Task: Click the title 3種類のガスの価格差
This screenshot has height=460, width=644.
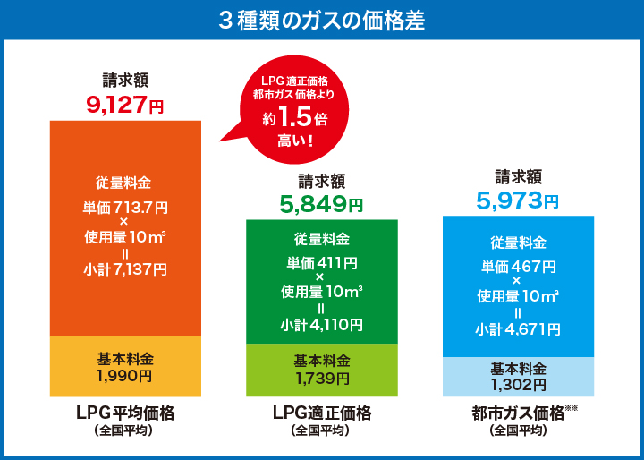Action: [322, 19]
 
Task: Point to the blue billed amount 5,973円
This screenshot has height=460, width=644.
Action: [518, 200]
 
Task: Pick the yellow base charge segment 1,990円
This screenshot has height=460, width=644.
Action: [125, 367]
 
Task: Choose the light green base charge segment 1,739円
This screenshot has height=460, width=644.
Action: [321, 370]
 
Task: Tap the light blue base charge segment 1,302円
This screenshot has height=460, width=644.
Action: [518, 377]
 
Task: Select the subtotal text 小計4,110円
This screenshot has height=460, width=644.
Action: [322, 324]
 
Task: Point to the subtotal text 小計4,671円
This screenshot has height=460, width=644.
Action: [518, 328]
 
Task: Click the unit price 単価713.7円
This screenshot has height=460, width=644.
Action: [125, 208]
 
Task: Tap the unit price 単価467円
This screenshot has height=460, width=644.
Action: [518, 267]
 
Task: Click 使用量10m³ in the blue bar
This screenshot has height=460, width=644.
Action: [518, 295]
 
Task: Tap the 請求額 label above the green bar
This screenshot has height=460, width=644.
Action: [321, 181]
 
